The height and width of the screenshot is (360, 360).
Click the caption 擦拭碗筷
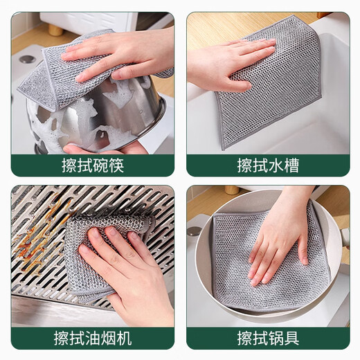tap(92, 166)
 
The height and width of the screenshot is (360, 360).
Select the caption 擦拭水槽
tap(267, 166)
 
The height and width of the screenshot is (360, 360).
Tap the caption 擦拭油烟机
tap(92, 339)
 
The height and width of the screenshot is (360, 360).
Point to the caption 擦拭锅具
tap(267, 339)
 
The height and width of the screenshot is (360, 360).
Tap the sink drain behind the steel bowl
tap(28, 60)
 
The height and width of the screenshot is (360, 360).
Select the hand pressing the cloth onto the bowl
tap(118, 55)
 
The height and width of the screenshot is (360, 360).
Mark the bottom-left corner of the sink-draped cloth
tap(223, 147)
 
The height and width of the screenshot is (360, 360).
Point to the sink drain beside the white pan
tap(194, 231)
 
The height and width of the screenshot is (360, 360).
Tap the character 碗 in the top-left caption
tap(92, 166)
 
